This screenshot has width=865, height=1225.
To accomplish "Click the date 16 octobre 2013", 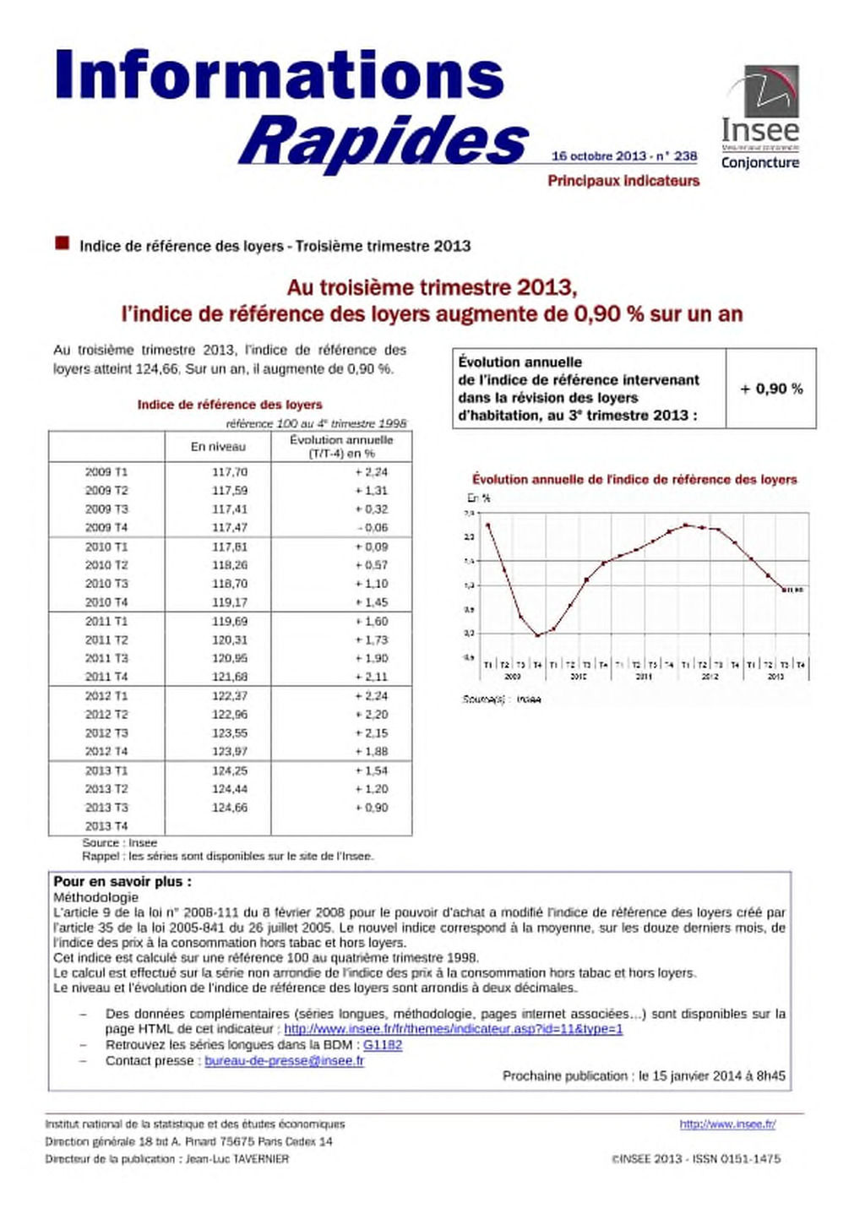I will (598, 156).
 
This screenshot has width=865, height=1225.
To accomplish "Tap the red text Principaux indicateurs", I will (623, 181).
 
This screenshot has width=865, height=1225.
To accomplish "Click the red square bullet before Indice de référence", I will (62, 244).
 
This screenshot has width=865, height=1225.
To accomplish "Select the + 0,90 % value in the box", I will (771, 389).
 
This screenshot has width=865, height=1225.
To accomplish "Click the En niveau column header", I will (218, 446).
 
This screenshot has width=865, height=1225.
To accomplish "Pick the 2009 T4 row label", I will (106, 527).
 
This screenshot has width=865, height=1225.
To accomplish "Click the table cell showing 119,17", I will (230, 602).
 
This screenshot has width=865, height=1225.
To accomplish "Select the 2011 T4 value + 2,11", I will (372, 677).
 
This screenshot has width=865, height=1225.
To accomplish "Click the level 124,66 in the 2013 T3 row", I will (230, 808).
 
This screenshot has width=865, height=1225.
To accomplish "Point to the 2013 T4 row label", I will (106, 826).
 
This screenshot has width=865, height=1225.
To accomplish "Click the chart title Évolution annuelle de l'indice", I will (634, 480).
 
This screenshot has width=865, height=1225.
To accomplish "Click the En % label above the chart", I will (479, 498).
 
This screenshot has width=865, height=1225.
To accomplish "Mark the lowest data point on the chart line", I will (537, 635).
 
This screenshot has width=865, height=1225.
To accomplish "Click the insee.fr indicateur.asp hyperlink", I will (453, 1029).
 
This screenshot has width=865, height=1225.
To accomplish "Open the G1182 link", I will (383, 1045).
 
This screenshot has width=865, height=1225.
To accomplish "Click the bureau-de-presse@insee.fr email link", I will (284, 1061).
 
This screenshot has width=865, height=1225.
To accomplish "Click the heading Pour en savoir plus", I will (122, 881).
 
